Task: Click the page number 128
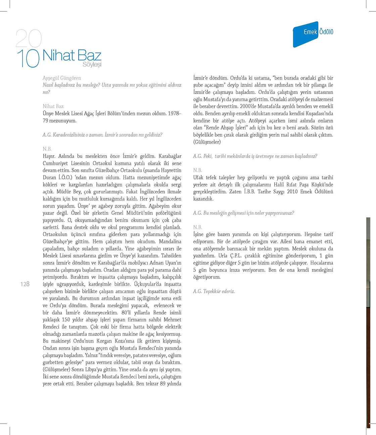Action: (25, 284)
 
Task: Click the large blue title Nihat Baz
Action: (72, 55)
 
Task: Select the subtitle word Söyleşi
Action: (92, 65)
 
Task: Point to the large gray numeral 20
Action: (29, 38)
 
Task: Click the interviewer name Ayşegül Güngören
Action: (62, 78)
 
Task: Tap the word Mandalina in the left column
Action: (170, 242)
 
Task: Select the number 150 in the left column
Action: (66, 320)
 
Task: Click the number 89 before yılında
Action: (163, 384)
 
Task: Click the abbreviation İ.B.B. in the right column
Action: (249, 191)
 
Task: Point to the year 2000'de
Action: (248, 106)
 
